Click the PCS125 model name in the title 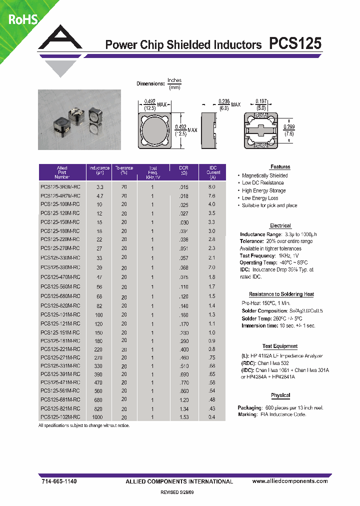coord(295,44)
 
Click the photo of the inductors coord(79,119)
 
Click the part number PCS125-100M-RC coord(59,204)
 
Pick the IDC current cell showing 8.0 coord(212,187)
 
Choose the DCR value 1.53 coord(184,417)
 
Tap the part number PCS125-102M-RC coord(59,417)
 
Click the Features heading coord(280,167)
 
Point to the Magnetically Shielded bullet coord(264,175)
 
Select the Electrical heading coord(280,226)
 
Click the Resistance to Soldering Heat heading coord(281,294)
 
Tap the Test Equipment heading coord(280,346)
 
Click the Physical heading coord(280,395)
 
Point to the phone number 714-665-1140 coord(58,481)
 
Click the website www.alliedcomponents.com coord(290,481)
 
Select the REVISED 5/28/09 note coord(179,492)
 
